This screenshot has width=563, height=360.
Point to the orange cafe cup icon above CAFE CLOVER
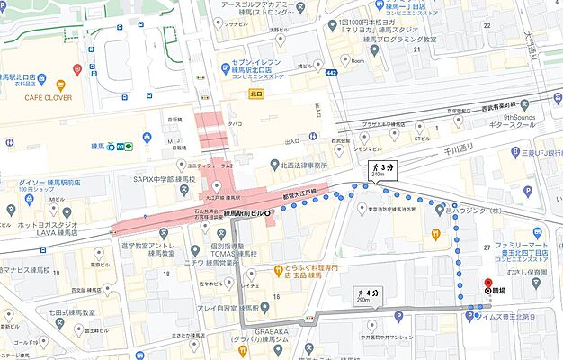(x=78, y=69)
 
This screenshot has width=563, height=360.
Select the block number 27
(x=486, y=246)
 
